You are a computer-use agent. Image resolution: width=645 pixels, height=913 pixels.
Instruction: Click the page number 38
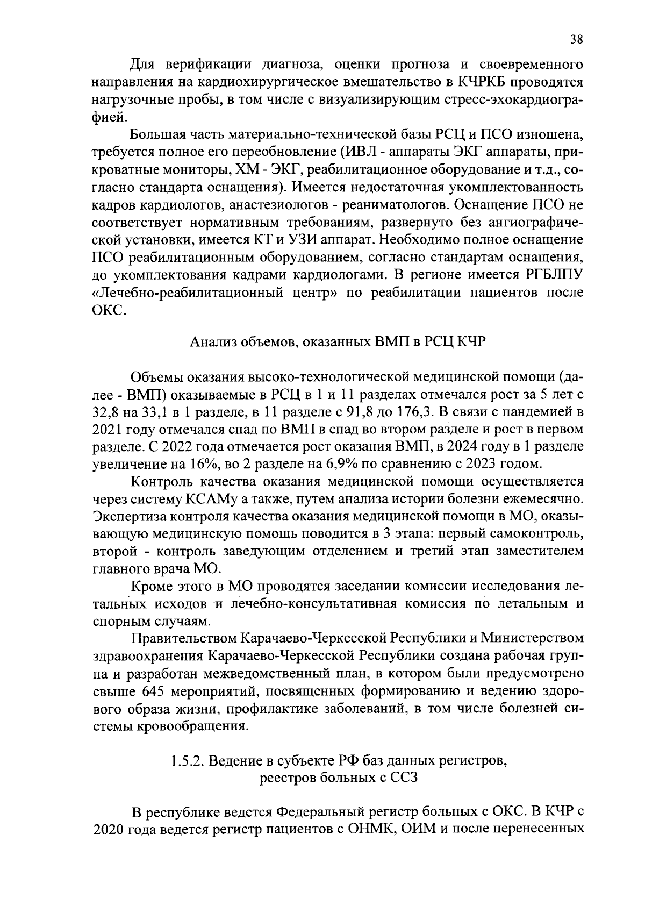pos(576,39)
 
